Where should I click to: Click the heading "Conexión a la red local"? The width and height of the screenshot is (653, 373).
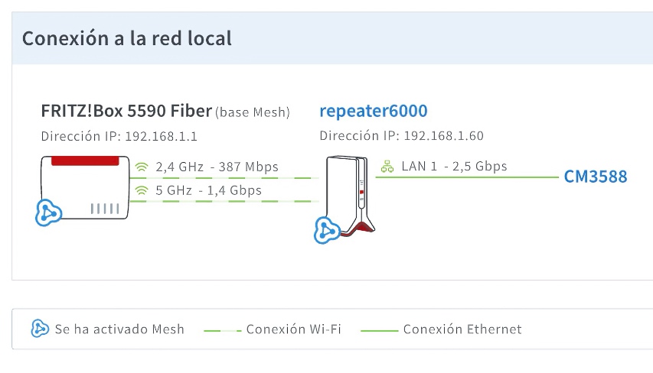point(127,38)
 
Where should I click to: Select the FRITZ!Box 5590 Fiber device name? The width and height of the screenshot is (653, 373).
point(126,111)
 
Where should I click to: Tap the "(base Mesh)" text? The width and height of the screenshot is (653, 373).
point(253,112)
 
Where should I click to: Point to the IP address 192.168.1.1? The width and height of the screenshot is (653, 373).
point(162,136)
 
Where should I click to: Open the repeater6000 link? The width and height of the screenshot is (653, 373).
point(374,111)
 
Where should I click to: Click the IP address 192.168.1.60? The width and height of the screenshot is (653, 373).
point(444,136)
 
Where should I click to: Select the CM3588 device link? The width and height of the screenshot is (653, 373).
point(596,177)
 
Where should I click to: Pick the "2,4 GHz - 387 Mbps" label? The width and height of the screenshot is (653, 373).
point(217,167)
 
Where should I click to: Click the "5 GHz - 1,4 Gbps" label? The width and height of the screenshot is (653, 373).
point(209,190)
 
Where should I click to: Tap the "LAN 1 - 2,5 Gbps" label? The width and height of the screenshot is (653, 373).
point(455,167)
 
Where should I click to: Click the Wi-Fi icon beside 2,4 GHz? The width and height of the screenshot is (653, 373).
point(142,167)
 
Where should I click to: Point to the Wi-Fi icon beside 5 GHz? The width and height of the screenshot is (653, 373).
point(142,190)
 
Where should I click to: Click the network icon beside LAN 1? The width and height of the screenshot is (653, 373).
point(387,167)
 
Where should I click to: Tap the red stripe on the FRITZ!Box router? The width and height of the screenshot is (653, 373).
point(85,161)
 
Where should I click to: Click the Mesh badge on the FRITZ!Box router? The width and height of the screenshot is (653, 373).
point(48,213)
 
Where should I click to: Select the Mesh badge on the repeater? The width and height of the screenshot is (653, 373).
point(327,230)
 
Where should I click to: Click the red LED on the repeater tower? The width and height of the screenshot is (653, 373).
point(361,192)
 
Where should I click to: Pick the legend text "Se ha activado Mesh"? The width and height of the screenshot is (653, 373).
point(119,329)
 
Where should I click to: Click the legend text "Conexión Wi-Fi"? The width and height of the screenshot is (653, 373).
point(294,329)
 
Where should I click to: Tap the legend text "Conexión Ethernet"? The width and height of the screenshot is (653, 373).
point(462,329)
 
